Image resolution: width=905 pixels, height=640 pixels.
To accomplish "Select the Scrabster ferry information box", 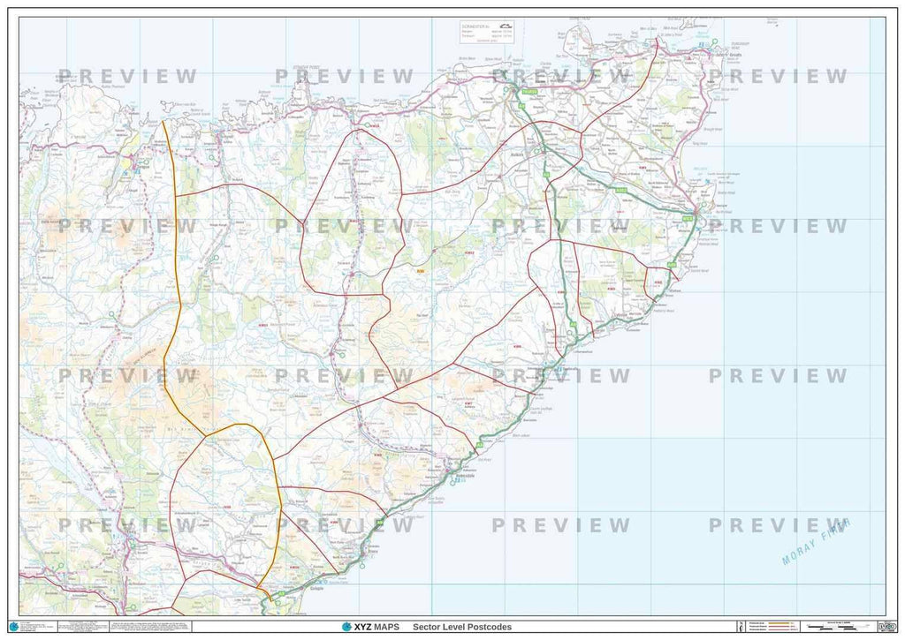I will (486, 32).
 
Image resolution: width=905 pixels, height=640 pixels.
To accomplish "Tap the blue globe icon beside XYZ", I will (346, 627).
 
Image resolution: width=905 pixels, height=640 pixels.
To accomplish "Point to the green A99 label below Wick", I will (672, 263).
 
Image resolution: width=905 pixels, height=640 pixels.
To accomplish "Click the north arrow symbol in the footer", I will (730, 627).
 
